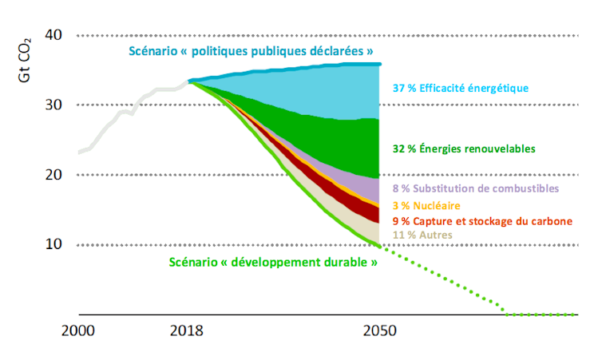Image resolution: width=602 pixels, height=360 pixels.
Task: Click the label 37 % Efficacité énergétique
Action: tap(461, 88)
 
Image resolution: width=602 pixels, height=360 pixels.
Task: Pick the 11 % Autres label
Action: tap(422, 235)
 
